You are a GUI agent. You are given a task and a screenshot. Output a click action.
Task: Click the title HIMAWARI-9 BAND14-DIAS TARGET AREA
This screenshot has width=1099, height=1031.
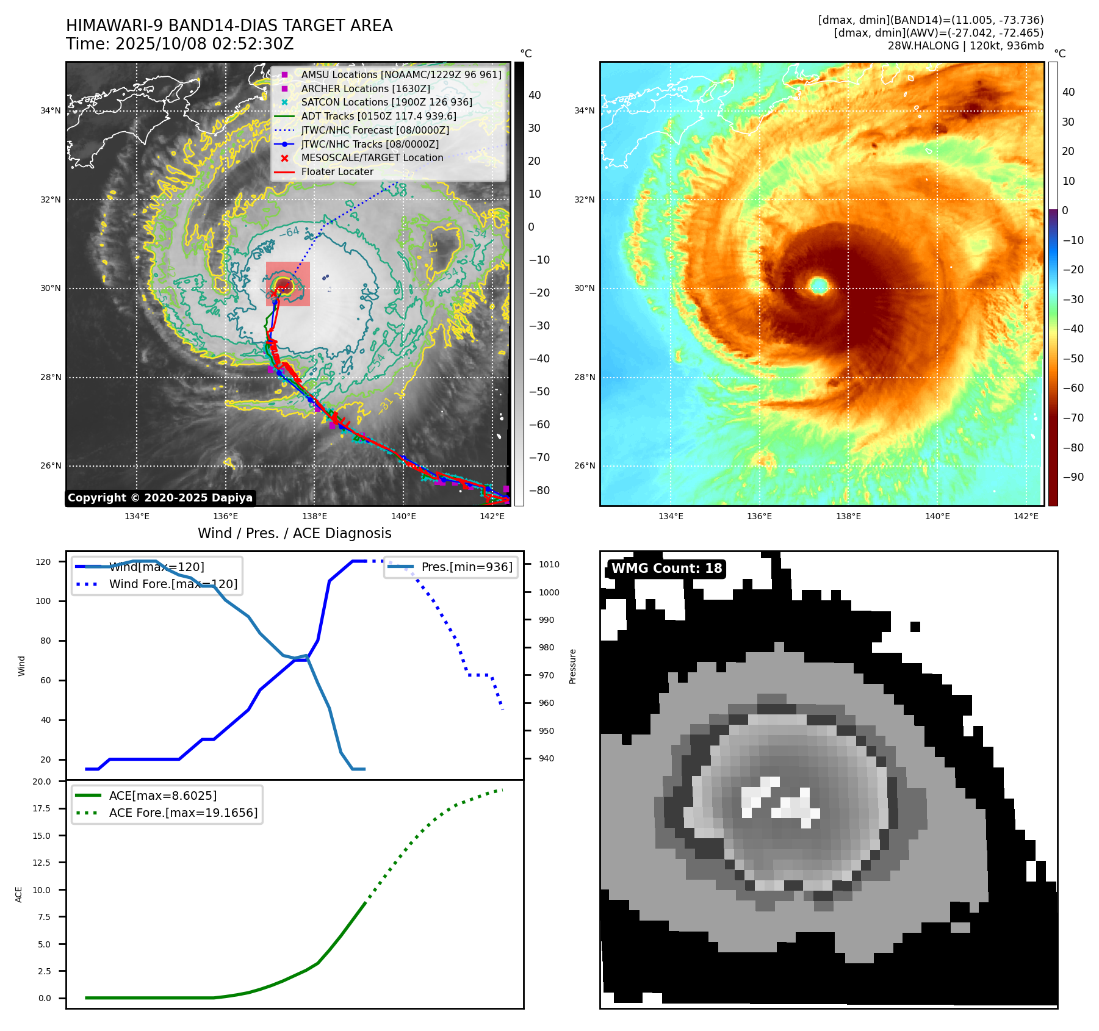tap(229, 26)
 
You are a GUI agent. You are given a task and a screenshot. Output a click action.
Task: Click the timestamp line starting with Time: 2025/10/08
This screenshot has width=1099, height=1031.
tap(179, 44)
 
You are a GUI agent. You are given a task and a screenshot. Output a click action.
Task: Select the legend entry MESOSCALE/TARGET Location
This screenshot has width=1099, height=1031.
tap(372, 157)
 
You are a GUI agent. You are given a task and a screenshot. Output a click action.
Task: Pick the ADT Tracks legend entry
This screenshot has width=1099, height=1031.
tap(378, 116)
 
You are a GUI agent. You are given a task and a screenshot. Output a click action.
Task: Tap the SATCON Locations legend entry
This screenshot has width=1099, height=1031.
tap(386, 102)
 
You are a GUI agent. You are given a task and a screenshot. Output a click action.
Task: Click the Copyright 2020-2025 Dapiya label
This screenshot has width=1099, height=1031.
tap(160, 498)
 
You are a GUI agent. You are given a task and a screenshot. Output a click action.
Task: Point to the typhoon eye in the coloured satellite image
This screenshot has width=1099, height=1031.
tap(818, 285)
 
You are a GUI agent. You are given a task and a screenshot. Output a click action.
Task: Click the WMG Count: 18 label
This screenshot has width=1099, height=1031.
tap(666, 569)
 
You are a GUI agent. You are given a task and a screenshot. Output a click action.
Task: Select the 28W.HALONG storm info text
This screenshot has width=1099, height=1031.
tap(965, 46)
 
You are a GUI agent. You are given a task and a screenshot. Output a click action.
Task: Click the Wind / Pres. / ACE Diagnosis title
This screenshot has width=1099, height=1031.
tap(294, 533)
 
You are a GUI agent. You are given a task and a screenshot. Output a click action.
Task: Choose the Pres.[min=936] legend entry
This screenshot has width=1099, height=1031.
tap(466, 567)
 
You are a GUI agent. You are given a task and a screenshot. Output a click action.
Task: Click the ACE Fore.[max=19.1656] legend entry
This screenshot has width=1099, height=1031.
tap(183, 813)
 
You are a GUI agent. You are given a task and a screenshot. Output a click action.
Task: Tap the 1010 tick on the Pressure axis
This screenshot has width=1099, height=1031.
tap(549, 564)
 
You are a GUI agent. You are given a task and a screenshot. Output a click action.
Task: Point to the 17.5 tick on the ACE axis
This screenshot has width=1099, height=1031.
tap(41, 808)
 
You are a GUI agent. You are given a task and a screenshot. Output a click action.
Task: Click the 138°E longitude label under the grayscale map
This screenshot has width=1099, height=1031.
tap(314, 516)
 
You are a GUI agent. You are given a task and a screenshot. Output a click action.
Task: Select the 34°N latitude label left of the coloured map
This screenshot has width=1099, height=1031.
tap(584, 110)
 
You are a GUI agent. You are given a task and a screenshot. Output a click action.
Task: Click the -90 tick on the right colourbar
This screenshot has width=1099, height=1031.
tap(1073, 477)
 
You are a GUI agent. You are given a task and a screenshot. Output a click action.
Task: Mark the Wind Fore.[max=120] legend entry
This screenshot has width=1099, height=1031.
tap(173, 584)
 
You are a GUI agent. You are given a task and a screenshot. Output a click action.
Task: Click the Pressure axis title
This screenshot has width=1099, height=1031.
tap(572, 666)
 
